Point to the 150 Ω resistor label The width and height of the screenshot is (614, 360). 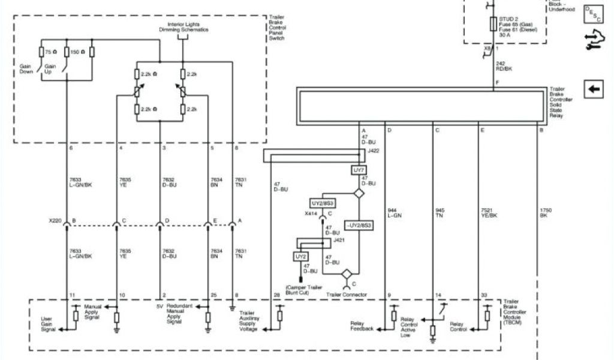76,53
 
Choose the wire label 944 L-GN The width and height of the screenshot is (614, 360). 394,213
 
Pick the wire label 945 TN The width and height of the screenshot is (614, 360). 440,213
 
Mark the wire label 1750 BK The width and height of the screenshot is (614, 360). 544,213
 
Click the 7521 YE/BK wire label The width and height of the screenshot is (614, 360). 489,213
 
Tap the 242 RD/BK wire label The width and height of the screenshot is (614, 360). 504,67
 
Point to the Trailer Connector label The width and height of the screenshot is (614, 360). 347,295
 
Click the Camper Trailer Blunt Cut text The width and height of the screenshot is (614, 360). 302,290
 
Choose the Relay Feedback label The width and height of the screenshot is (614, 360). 362,326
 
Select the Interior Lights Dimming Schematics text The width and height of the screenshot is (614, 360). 183,28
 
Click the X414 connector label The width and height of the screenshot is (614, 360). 311,214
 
